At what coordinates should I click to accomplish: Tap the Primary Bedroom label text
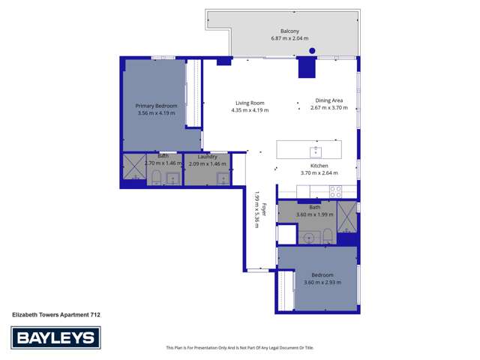(x=156, y=106)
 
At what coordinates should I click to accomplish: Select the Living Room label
(x=250, y=103)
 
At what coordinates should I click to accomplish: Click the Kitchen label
(x=320, y=166)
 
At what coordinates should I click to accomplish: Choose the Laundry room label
(x=207, y=157)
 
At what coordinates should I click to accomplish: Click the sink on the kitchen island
(x=316, y=150)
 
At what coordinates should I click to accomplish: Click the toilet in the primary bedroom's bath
(x=156, y=178)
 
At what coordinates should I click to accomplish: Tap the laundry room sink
(x=222, y=178)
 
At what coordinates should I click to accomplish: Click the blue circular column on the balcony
(x=312, y=51)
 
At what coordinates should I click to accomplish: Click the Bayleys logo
(x=55, y=338)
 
